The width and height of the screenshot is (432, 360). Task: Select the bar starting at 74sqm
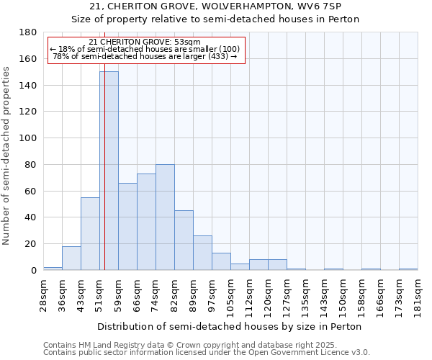[165, 217]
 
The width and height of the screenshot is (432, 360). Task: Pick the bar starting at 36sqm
[71, 258]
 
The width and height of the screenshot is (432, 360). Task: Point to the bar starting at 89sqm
[202, 253]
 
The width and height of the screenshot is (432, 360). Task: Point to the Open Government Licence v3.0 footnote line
[207, 352]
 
